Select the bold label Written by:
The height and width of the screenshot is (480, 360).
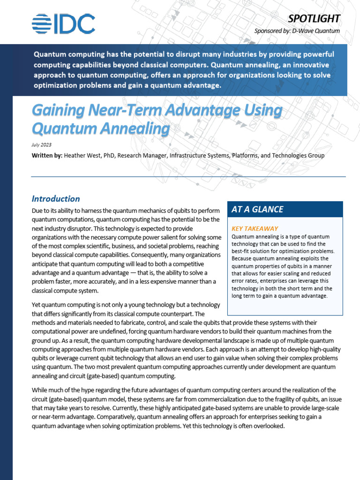point(47,155)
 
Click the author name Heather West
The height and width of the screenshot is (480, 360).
point(82,155)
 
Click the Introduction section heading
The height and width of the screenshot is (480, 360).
point(56,199)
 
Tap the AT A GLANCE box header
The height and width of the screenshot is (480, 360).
point(257,210)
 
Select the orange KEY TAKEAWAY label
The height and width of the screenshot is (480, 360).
point(255,228)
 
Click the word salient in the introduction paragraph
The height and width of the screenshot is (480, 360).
point(174,238)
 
